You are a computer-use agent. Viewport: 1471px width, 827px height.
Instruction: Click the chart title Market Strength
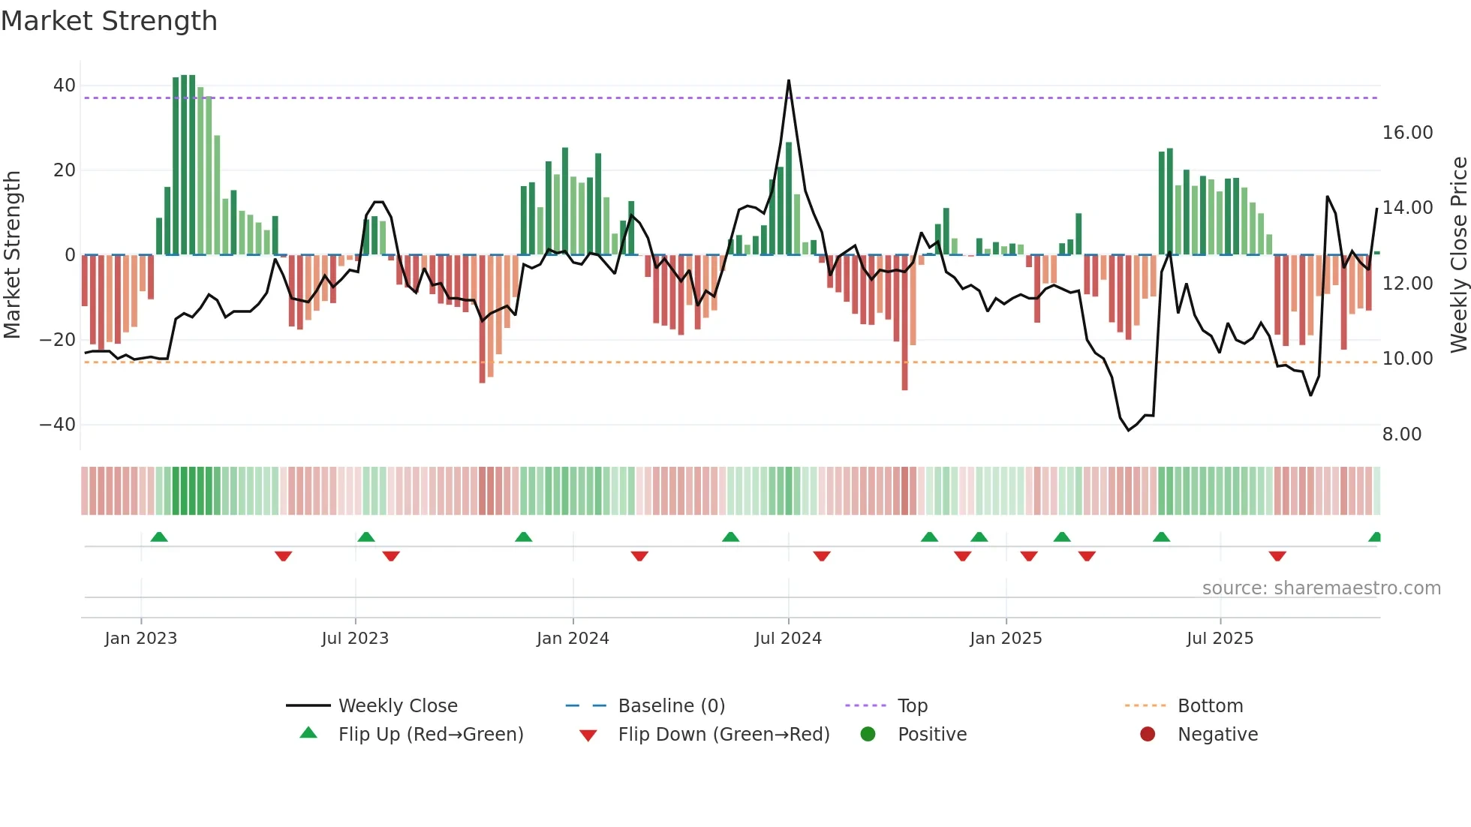[x=109, y=21]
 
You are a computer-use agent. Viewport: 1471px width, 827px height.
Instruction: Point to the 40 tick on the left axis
[x=65, y=86]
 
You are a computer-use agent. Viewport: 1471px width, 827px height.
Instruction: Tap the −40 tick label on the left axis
[x=58, y=425]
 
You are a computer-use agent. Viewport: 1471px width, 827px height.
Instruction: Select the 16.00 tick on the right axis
[x=1407, y=133]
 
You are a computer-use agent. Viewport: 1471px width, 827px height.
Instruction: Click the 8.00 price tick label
[x=1401, y=435]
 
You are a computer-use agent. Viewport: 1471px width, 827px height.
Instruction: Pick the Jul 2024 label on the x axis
[x=788, y=639]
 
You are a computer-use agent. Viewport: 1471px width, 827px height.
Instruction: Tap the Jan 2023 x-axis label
[x=141, y=639]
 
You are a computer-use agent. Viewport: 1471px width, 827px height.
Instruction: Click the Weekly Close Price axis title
[x=1458, y=255]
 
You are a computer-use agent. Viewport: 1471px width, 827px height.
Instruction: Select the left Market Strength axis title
[x=12, y=255]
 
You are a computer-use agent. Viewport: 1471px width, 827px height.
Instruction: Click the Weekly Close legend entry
[x=397, y=706]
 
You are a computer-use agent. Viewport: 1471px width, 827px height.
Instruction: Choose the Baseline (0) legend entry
[x=671, y=706]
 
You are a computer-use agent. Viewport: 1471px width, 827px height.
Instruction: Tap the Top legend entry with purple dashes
[x=912, y=706]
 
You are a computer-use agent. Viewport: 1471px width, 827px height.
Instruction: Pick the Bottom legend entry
[x=1210, y=706]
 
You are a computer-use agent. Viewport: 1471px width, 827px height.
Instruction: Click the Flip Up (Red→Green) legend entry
[x=430, y=735]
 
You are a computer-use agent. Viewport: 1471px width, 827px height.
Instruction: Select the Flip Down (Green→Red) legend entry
[x=723, y=735]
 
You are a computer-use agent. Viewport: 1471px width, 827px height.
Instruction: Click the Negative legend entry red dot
[x=1148, y=735]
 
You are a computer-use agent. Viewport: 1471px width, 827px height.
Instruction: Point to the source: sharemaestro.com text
[x=1321, y=588]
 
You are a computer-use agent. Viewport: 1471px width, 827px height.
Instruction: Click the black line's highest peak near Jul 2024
[x=789, y=80]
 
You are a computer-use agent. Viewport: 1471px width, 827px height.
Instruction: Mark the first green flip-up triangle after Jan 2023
[x=159, y=537]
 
